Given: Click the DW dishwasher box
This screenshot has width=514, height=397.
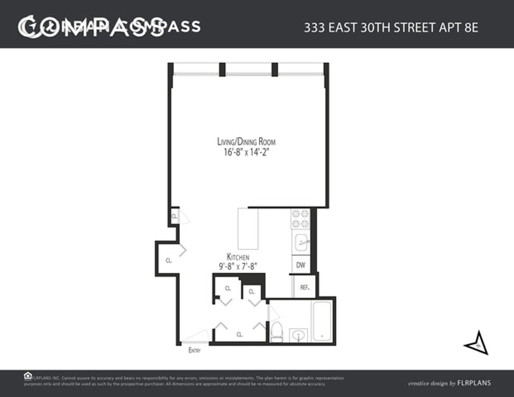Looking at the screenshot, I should coord(301,265).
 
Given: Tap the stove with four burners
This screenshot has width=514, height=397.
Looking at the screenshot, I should coord(300,218).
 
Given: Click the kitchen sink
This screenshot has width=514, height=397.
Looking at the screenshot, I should coord(301,242).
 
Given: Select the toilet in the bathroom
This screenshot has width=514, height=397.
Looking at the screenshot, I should coord(277,332).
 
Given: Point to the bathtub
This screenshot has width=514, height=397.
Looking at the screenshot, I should coord(322,321).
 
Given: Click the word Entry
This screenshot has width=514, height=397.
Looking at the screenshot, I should coord(194,351).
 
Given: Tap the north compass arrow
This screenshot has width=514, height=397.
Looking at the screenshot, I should coord(478,343).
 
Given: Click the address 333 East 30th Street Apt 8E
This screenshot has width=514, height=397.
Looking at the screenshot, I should coord(391,28).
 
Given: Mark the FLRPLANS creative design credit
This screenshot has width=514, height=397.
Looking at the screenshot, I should coord(449,383).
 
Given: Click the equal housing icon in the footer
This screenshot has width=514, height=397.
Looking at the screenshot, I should coord(28,376).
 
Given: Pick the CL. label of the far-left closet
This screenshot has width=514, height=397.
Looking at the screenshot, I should coord(169,260).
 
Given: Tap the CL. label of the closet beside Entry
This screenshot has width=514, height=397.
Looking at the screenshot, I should coord(239,334).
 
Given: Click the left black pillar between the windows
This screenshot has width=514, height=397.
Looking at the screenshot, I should coord(222,69).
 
